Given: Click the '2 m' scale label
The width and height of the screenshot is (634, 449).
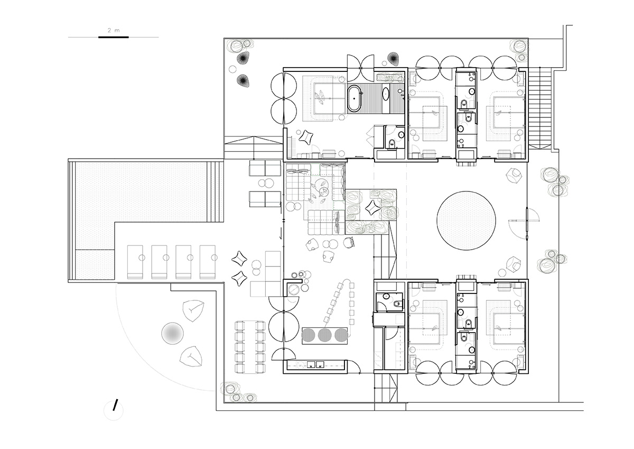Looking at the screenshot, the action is [x=114, y=30].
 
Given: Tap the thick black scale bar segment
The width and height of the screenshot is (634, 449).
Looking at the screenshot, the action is [x=114, y=37].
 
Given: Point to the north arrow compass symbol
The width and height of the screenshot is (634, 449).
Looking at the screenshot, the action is [x=114, y=410].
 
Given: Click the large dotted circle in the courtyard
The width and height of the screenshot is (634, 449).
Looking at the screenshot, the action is [x=466, y=221].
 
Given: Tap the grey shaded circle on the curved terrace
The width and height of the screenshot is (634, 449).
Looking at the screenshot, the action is [x=172, y=333].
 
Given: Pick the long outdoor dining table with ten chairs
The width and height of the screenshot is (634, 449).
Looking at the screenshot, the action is [x=250, y=347].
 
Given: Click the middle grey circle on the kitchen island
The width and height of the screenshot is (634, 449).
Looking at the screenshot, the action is [x=324, y=335].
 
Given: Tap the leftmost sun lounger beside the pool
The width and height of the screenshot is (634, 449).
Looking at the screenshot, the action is [x=135, y=262].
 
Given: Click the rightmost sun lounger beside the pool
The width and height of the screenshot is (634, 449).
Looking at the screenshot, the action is [x=208, y=262].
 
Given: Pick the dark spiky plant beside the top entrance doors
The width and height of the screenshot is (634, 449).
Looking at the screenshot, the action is [x=393, y=58].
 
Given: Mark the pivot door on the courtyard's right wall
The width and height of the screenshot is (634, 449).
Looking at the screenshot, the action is [x=527, y=224].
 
